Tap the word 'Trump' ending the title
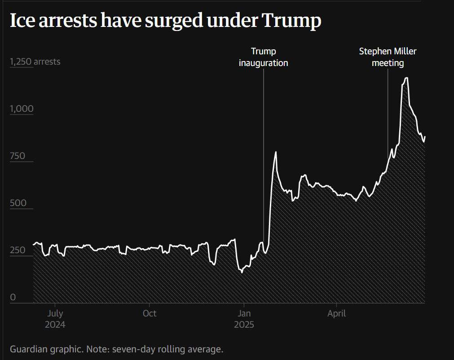pos(291,21)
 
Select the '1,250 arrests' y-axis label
pos(35,61)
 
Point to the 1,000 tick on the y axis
pos(22,109)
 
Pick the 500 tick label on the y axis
pos(18,203)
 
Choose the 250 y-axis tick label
pos(18,250)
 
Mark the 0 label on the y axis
pos(13,297)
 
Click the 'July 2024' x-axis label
pos(55,319)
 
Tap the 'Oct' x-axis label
pos(150,313)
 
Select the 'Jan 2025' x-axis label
pos(244,319)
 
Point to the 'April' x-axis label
pos(336,313)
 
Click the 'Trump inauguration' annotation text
pos(263,57)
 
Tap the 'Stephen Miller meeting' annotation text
pos(388,57)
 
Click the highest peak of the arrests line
pos(406,78)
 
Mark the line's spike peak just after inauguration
pos(276,152)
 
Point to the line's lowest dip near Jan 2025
pos(242,272)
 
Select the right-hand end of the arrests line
pos(425,136)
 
